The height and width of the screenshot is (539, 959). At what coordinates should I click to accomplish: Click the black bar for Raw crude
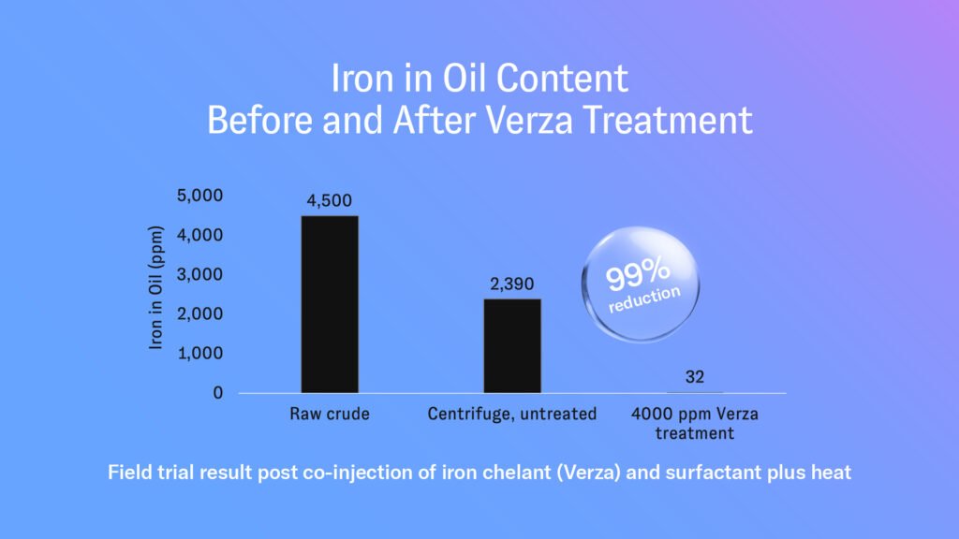330,304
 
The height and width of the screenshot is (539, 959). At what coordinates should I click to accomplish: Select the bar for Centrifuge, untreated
512,345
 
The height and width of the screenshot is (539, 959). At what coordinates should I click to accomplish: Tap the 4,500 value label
330,199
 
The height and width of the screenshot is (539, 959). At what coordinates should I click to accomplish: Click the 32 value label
694,377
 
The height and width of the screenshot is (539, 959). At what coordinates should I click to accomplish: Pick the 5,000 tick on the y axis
199,196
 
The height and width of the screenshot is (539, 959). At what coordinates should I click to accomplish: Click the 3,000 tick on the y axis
199,275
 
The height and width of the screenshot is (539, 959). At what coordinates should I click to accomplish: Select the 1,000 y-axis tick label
199,354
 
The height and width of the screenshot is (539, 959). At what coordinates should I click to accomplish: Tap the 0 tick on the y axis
217,393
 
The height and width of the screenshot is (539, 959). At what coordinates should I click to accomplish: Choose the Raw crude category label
330,414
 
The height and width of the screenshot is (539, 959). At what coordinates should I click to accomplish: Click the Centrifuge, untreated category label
512,414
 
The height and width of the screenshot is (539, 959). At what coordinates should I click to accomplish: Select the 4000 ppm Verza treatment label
694,423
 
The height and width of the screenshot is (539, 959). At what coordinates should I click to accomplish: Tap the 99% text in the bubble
638,276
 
